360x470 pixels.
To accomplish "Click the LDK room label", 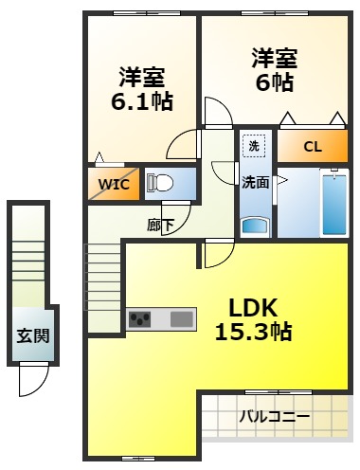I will pos(251,307).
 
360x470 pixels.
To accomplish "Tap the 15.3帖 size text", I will pos(251,332).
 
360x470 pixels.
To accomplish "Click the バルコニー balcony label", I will pos(274,416).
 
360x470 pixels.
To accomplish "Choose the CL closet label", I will pos(313,147).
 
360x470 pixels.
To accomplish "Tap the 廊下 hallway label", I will pos(159,226).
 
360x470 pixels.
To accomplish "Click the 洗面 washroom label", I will pos(254,183).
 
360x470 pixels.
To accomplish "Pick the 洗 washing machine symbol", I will pos(253,146).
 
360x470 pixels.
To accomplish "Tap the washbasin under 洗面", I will pos(255,226).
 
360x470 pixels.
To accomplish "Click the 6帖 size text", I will pos(275,81).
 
